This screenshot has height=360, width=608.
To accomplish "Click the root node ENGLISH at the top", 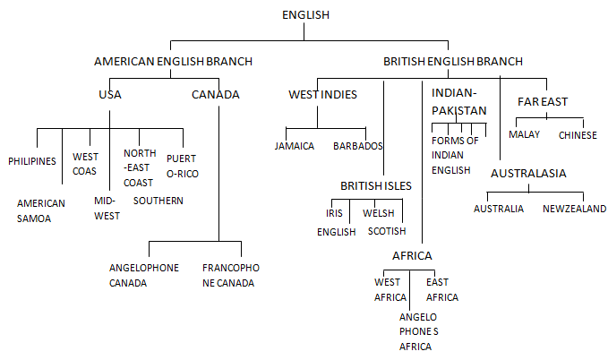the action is [305, 14].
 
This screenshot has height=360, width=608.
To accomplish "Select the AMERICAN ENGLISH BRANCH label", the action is [174, 61].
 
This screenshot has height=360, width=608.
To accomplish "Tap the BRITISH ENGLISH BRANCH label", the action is [453, 61].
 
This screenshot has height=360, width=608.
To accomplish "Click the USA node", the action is [110, 94].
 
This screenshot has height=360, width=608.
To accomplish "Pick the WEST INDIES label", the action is [322, 94].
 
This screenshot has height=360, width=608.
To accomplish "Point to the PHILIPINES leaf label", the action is [32, 161].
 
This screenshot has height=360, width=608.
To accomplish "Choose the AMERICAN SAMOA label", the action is [40, 210].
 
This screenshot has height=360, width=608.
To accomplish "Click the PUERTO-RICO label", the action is [183, 166].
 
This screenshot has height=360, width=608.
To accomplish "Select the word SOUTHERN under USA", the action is [158, 201].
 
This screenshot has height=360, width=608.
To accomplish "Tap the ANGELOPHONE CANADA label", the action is [144, 275].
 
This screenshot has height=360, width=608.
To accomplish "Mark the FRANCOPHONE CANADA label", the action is [231, 275].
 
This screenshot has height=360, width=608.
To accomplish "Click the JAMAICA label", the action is [295, 146].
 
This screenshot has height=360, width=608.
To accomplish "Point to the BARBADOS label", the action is [358, 146].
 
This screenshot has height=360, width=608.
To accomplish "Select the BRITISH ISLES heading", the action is [376, 185].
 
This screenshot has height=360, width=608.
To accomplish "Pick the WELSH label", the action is [379, 213].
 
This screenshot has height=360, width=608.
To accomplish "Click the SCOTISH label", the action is [387, 231].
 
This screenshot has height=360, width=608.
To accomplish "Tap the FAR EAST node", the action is [543, 101].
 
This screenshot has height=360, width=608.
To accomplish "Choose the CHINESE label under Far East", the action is [578, 135].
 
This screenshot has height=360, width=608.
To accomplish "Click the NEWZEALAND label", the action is [574, 209].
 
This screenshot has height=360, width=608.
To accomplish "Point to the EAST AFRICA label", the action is [442, 289].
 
